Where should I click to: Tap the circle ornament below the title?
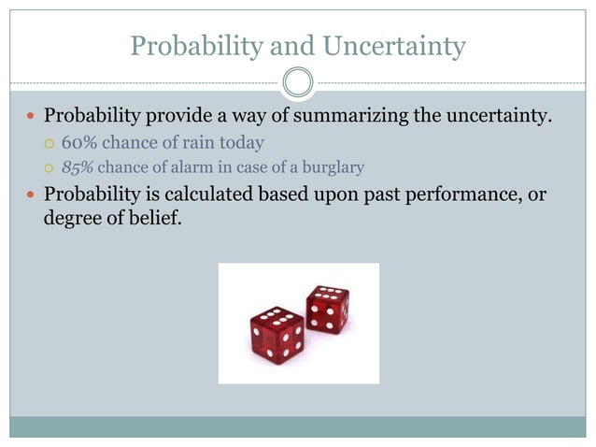click(x=297, y=83)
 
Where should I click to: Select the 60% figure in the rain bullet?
click(x=78, y=143)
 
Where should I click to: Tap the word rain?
click(x=203, y=143)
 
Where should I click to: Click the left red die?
click(x=277, y=334)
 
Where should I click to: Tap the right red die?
click(x=327, y=309)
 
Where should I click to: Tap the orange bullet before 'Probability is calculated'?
click(x=32, y=195)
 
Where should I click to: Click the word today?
click(x=243, y=143)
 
